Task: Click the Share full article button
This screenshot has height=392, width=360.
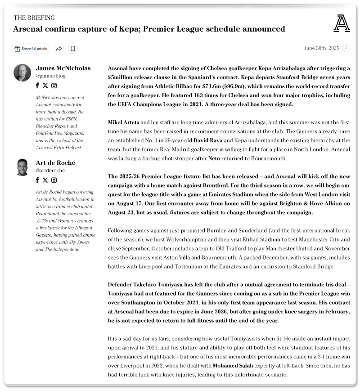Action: (31, 49)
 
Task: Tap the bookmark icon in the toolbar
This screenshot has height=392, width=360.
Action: (73, 49)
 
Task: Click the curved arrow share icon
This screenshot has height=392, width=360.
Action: (58, 49)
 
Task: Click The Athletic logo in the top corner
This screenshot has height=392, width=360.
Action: (342, 23)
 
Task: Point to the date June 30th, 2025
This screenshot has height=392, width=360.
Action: (321, 48)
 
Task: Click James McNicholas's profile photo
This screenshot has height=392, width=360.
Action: (22, 73)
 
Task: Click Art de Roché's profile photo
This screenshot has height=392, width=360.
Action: (22, 168)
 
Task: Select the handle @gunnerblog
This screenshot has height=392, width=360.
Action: (51, 76)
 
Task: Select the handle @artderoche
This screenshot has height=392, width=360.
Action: (50, 171)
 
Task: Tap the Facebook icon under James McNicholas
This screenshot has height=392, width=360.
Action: (38, 86)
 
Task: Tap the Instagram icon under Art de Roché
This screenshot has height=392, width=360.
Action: (54, 180)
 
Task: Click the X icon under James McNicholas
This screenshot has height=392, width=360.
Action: (45, 86)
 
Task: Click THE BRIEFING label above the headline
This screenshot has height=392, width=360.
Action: (34, 18)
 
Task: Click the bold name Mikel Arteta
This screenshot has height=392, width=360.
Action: (124, 122)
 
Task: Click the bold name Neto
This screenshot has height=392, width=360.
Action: (214, 159)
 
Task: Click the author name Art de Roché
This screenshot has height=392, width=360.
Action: (56, 163)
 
